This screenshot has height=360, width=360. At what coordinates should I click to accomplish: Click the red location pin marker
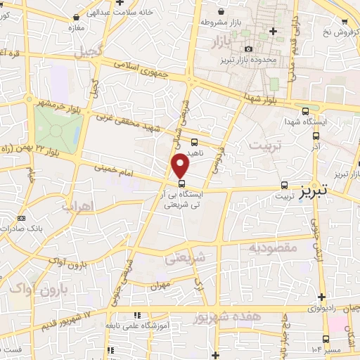pos(181,165)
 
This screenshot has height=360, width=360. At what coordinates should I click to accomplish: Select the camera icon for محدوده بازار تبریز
pos(247,49)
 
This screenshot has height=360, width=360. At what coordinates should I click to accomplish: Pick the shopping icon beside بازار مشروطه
pos(222,12)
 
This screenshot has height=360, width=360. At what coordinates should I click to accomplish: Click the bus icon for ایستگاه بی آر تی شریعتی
pos(182,184)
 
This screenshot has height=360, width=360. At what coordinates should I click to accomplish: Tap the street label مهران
pos(160,286)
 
